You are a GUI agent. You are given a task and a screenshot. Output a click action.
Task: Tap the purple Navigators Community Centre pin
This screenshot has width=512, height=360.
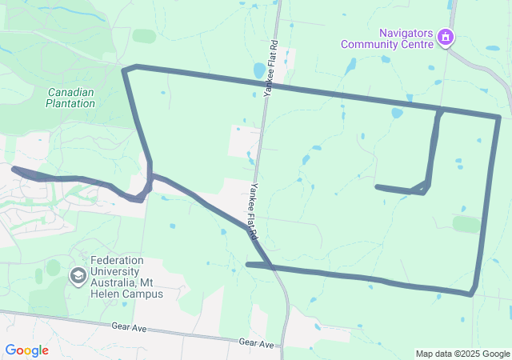[x=446, y=37]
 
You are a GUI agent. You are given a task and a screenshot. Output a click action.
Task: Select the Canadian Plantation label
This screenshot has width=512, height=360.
[x=70, y=98]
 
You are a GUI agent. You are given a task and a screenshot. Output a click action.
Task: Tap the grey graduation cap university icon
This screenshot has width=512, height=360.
[x=78, y=277]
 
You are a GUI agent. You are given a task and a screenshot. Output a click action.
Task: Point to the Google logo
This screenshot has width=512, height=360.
[x=26, y=350]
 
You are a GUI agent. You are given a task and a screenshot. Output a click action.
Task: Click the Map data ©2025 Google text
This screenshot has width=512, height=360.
[x=462, y=354]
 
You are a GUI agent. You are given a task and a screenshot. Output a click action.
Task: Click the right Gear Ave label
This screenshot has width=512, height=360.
[x=256, y=342]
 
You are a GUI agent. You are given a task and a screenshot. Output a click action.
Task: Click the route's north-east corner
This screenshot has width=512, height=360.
[x=498, y=118]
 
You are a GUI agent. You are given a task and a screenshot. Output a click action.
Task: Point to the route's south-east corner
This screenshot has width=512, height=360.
[x=471, y=294]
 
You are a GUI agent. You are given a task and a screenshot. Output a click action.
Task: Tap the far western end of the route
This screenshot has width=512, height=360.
[x=14, y=168]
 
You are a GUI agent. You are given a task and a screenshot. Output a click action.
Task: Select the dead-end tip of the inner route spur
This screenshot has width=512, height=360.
[x=378, y=187]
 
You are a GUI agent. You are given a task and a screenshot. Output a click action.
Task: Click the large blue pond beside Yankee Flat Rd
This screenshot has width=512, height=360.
[x=258, y=70]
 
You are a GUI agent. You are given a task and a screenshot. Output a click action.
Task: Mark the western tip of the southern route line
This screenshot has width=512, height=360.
[x=248, y=264]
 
